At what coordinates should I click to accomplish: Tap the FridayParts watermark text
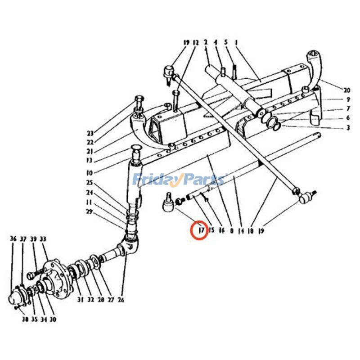(x=179, y=180)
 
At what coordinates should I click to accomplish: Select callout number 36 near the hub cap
(x=13, y=238)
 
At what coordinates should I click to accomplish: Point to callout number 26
(x=121, y=300)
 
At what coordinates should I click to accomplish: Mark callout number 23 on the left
(x=90, y=133)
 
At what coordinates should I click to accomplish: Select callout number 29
(x=90, y=211)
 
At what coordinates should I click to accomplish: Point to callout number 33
(x=43, y=238)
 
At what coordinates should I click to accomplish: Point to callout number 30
(x=53, y=320)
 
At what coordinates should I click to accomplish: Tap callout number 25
(x=90, y=183)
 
